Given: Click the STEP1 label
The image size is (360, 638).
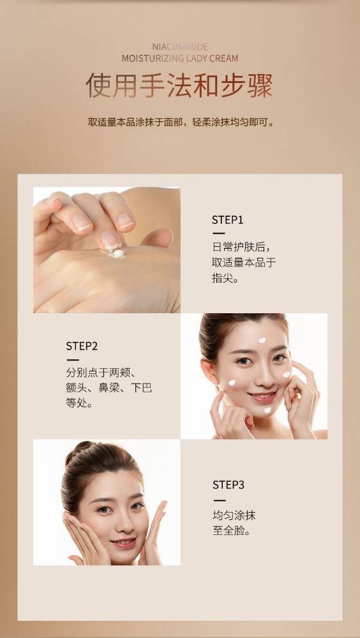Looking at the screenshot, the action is click(x=227, y=220).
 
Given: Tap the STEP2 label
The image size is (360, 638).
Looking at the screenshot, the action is click(x=82, y=346).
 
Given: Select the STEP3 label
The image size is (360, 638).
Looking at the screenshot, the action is click(x=228, y=485).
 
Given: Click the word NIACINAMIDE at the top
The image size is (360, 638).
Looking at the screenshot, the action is click(x=180, y=47).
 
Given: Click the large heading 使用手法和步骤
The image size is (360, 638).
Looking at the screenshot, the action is click(x=179, y=85).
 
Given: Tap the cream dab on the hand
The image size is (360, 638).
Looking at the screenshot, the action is click(x=117, y=253).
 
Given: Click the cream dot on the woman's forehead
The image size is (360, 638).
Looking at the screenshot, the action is click(x=262, y=340).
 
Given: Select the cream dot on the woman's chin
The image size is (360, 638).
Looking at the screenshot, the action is click(x=267, y=410).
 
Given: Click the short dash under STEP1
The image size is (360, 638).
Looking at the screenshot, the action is click(x=218, y=234).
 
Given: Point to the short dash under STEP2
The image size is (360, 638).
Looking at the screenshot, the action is click(x=73, y=360).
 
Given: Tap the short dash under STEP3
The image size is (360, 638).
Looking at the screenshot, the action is click(x=219, y=500).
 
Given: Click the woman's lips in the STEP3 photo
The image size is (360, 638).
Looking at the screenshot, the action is click(x=123, y=542).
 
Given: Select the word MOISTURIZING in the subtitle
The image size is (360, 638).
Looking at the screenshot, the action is click(x=153, y=58).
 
